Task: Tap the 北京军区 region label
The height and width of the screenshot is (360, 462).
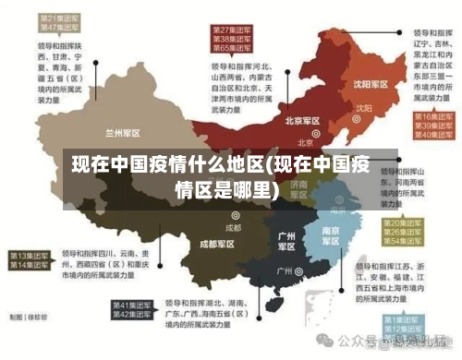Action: [302, 121]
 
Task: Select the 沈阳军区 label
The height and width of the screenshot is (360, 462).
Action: [367, 84]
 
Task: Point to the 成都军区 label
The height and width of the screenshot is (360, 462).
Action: [218, 245]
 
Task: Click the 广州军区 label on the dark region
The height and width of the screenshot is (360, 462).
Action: [286, 242]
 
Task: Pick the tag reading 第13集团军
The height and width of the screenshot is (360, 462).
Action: [29, 255]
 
